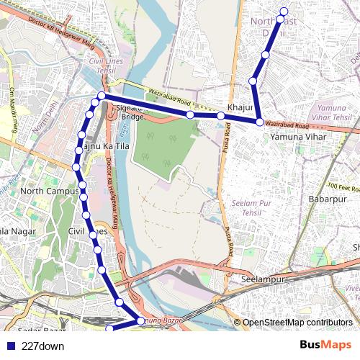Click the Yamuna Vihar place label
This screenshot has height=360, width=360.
[x=298, y=136]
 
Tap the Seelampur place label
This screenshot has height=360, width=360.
[x=264, y=279]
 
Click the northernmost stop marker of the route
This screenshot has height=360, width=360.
[x=284, y=11]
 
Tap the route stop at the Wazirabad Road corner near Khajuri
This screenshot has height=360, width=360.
[x=260, y=122]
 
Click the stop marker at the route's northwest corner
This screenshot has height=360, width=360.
[x=102, y=96]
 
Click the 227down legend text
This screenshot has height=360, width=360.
[x=42, y=346]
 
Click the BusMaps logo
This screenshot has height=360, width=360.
[x=325, y=346]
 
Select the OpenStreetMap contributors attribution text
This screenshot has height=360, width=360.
[x=297, y=323]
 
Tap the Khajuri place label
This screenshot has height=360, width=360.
[x=240, y=107]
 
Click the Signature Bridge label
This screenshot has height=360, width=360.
[x=132, y=112]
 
